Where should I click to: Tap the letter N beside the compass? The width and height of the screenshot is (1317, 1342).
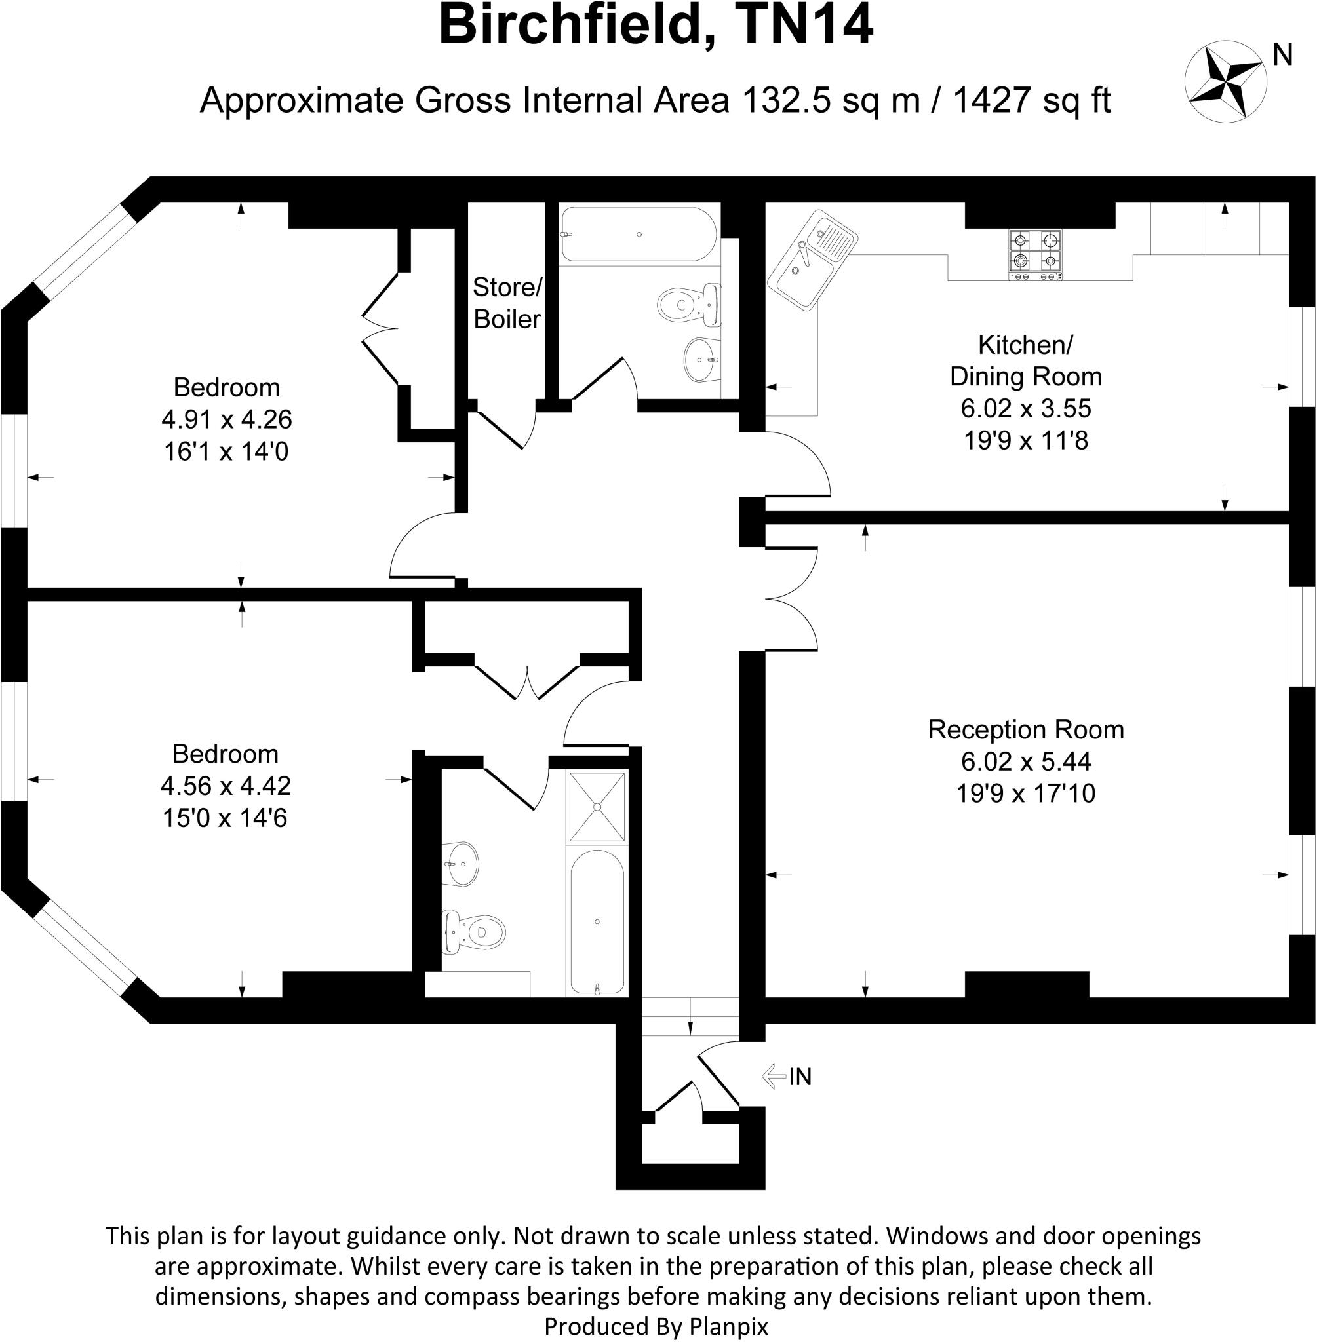[x=1282, y=55]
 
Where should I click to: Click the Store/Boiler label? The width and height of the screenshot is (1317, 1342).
[x=507, y=303]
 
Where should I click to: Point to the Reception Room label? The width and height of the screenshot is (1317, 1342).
[x=1025, y=729]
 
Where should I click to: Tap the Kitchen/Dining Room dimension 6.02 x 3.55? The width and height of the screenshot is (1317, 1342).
[x=1025, y=408]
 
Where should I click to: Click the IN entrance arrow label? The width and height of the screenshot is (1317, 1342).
[x=787, y=1077]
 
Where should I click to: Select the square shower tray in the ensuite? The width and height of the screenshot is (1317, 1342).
[x=597, y=807]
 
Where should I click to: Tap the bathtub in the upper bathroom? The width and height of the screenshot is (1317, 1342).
[x=638, y=235]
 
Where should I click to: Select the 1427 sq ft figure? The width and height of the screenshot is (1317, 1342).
[x=1031, y=100]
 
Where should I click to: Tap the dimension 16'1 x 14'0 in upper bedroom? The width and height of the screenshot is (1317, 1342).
[x=226, y=451]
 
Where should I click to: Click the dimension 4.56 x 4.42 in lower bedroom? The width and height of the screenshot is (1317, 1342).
[x=226, y=786]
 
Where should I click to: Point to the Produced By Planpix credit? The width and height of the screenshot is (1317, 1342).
[x=656, y=1326]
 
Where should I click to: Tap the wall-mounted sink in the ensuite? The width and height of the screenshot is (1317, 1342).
[x=460, y=864]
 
